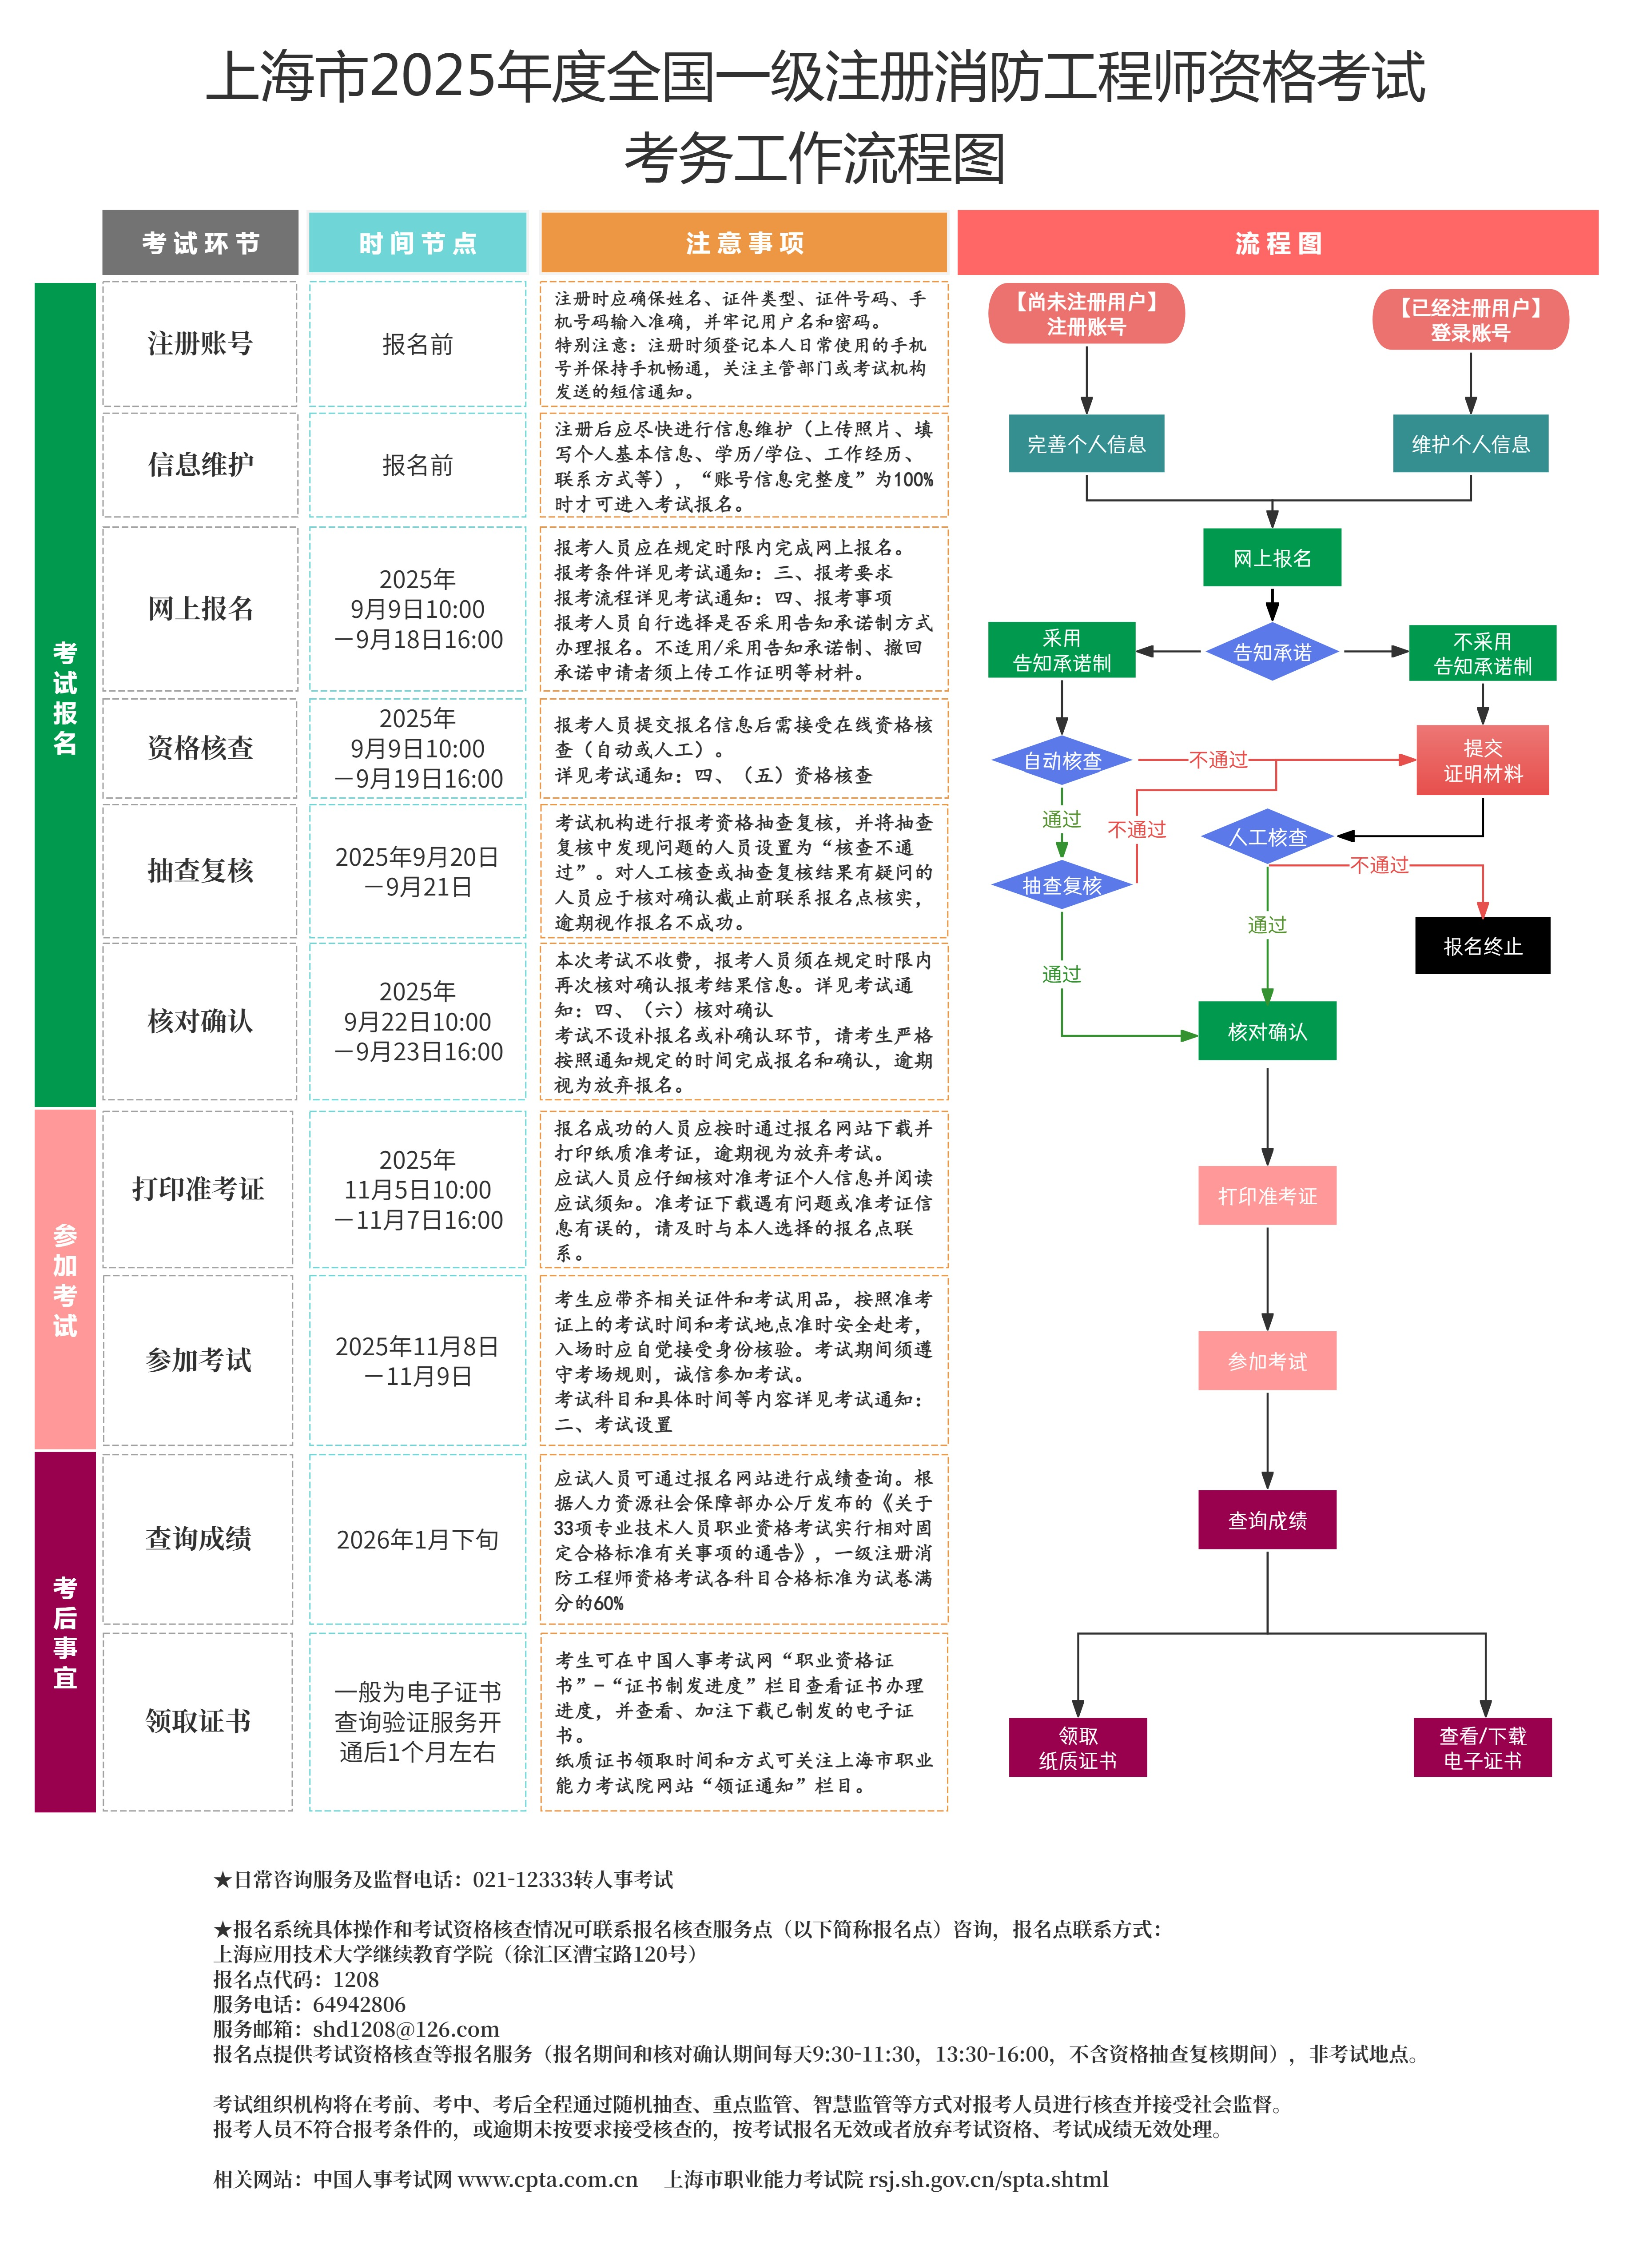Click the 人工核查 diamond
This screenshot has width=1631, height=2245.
[x=1268, y=836]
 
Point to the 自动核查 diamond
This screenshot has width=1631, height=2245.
[x=1062, y=760]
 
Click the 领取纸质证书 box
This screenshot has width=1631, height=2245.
[x=1078, y=1747]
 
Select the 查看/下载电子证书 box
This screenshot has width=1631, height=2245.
[x=1482, y=1747]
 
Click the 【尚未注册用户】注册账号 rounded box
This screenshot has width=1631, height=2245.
[x=1086, y=314]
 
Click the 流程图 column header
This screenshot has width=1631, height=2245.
[x=1277, y=243]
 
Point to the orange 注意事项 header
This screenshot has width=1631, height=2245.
[x=744, y=243]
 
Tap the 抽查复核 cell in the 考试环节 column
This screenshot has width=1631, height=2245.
[x=200, y=870]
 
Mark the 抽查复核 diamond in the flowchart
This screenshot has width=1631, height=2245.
[x=1062, y=885]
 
